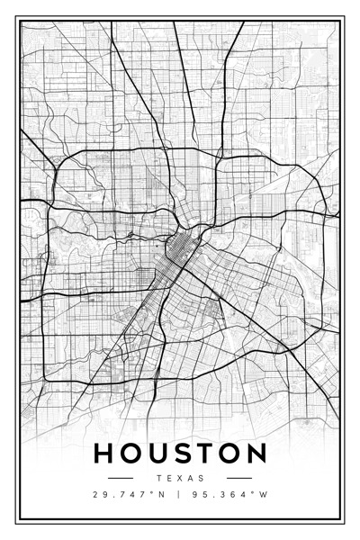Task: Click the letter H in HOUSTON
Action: [103, 453]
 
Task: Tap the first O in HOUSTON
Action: [130, 453]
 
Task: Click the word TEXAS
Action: [180, 478]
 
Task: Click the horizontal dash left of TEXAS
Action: [121, 478]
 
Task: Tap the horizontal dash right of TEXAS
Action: [239, 478]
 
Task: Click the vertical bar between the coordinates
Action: [178, 495]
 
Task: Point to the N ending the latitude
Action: [163, 495]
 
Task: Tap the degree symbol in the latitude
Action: [155, 492]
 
